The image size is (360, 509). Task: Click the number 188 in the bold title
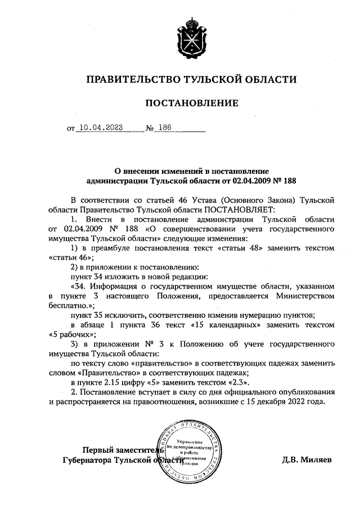287,181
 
